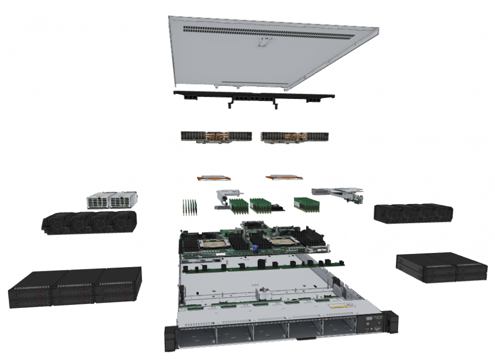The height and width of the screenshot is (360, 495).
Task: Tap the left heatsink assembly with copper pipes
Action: [x=216, y=137]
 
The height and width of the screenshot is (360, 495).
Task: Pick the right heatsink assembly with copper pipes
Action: [x=294, y=137]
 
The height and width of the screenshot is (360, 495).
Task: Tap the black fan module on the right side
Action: [x=413, y=212]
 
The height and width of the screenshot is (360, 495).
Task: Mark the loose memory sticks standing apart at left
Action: [x=190, y=206]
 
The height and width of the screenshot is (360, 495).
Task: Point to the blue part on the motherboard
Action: [x=253, y=249]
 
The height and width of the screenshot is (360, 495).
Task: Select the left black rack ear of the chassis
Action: [x=169, y=339]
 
